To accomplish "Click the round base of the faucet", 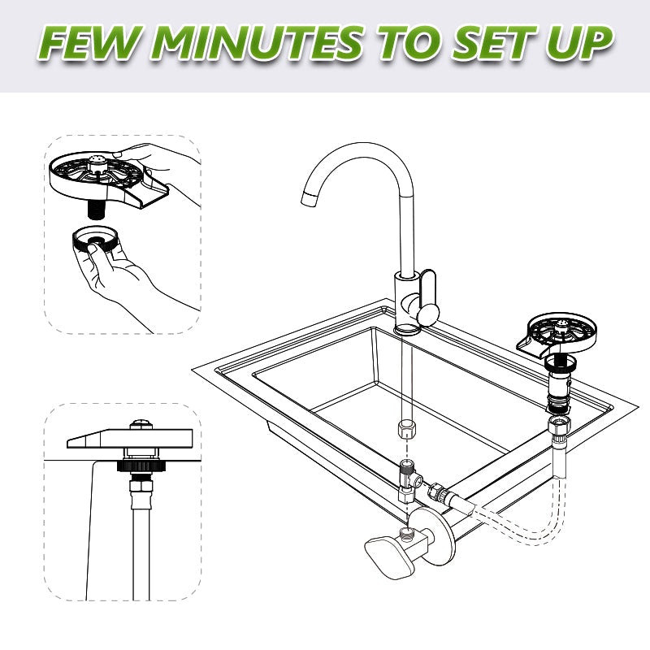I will click(406, 327).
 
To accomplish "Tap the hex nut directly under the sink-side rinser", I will click(560, 426).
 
